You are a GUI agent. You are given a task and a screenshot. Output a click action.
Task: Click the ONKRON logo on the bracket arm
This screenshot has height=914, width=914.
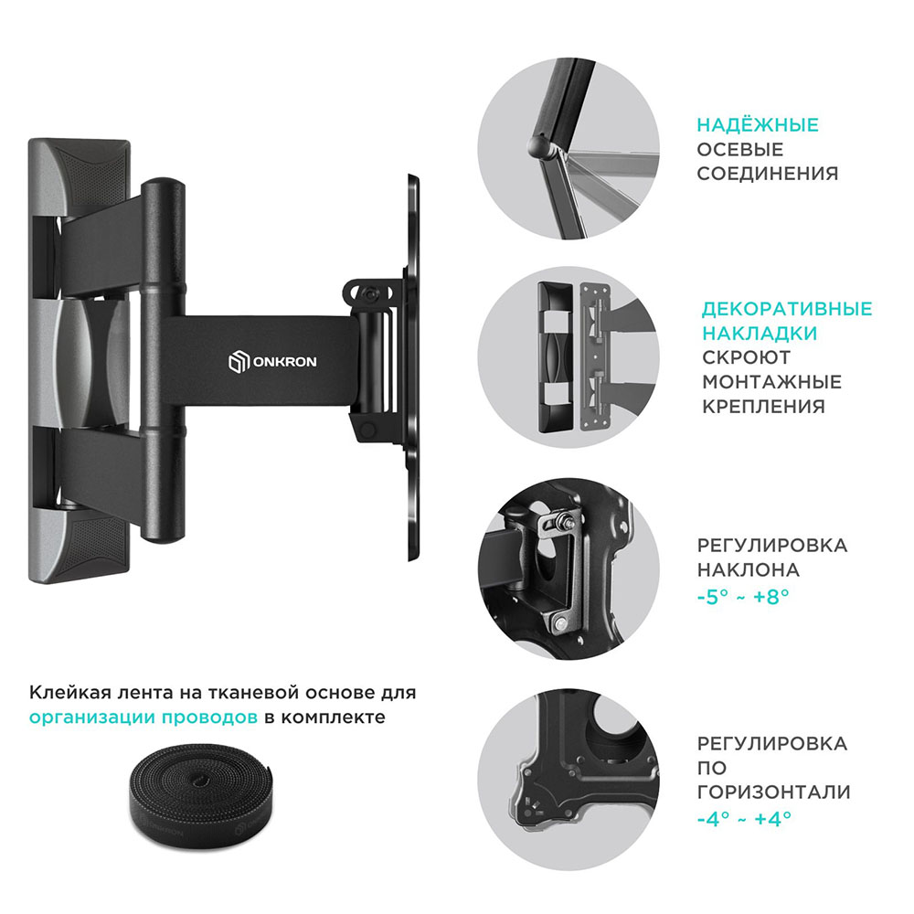272,361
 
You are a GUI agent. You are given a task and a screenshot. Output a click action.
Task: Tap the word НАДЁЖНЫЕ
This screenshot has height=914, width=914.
758,124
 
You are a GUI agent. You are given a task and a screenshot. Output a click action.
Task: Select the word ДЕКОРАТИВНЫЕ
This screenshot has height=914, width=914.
787,308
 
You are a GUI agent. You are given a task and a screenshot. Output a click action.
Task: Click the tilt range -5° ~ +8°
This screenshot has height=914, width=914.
743,597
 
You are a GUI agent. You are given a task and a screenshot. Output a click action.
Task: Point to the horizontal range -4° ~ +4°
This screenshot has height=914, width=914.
744,818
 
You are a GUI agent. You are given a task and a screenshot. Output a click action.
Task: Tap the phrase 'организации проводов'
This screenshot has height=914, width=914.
143,717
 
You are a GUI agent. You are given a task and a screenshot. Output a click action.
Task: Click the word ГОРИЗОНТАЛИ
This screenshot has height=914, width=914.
773,792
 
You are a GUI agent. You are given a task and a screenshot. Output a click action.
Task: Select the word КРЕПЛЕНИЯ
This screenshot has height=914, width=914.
763,407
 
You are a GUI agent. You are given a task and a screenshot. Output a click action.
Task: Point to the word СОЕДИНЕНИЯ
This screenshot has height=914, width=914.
768,174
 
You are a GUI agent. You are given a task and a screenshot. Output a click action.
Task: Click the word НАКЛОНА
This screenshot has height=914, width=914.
749,569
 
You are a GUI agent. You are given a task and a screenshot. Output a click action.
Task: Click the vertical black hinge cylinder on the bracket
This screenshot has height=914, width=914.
164,360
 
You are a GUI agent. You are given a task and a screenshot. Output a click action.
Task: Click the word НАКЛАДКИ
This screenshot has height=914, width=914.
760,334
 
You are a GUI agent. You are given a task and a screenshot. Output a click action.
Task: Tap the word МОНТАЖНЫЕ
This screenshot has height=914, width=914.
771,382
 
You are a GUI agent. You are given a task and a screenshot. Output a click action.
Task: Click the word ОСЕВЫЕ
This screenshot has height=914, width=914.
740,149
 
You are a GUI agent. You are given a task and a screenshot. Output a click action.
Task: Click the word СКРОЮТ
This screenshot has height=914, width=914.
746,357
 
